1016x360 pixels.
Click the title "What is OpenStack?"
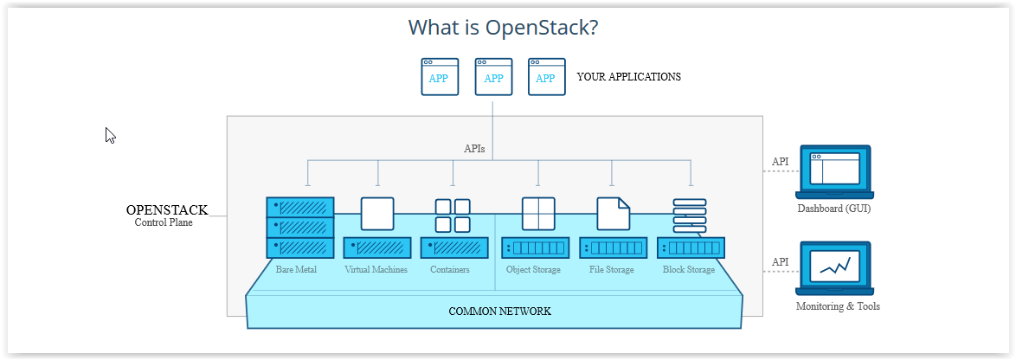pyautogui.click(x=503, y=28)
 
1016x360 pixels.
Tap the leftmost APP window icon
pyautogui.click(x=440, y=77)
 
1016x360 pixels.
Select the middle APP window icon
pyautogui.click(x=493, y=77)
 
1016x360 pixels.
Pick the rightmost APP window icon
pyautogui.click(x=546, y=77)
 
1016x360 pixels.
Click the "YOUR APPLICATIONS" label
pyautogui.click(x=628, y=77)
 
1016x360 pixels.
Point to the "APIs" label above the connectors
pyautogui.click(x=474, y=149)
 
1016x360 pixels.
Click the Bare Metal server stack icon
pyautogui.click(x=299, y=228)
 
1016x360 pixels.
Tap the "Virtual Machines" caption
pyautogui.click(x=376, y=270)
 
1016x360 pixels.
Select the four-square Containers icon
pyautogui.click(x=453, y=215)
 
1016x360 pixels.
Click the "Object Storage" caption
pyautogui.click(x=533, y=270)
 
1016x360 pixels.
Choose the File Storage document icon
pyautogui.click(x=613, y=215)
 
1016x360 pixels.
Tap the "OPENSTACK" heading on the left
pyautogui.click(x=167, y=210)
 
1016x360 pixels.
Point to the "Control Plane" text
pyautogui.click(x=164, y=222)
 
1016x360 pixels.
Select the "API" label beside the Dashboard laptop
pyautogui.click(x=780, y=162)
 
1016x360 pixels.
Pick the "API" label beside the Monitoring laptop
pyautogui.click(x=780, y=262)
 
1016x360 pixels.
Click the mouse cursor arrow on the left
pyautogui.click(x=110, y=135)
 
